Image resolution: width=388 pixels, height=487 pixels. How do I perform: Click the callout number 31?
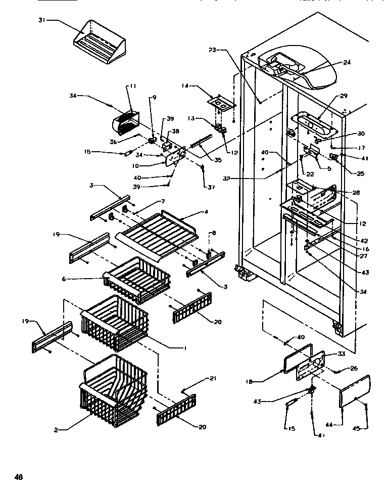(x=41, y=20)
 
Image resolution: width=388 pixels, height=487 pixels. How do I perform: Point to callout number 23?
(x=212, y=50)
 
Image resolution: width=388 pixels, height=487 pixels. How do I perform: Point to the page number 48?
(x=19, y=476)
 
